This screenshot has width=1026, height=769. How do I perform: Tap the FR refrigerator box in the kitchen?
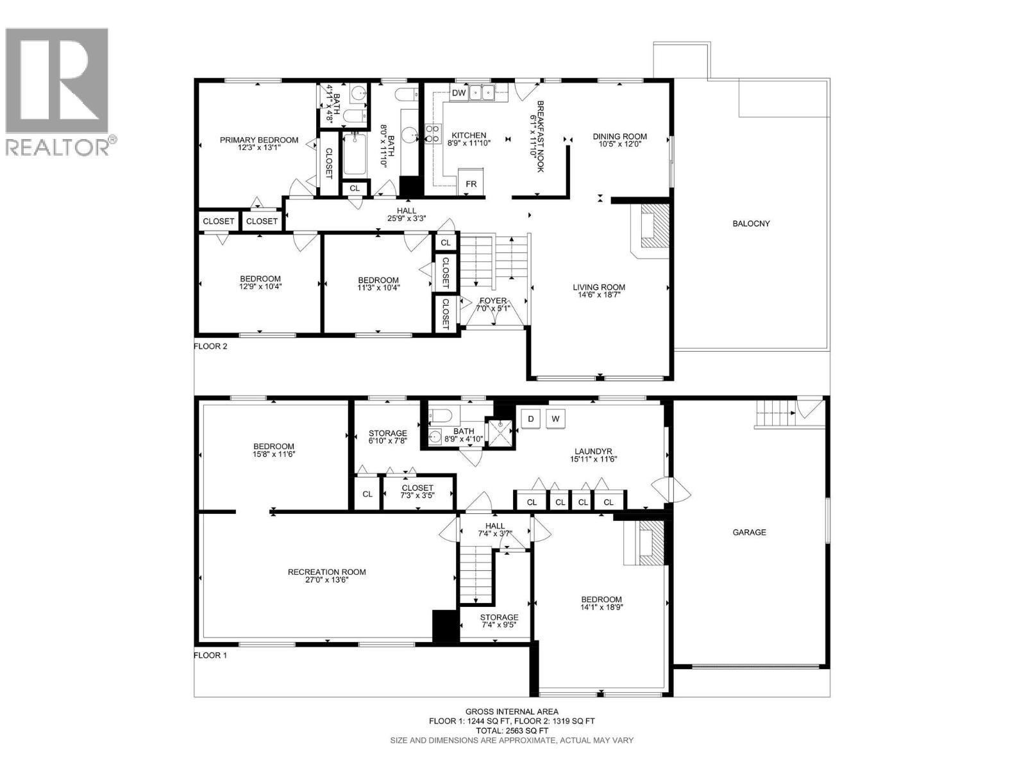471,183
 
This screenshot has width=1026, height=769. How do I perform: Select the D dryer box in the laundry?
530,418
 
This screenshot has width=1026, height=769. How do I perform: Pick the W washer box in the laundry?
555,418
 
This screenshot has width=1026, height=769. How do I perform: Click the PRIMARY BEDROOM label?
259,140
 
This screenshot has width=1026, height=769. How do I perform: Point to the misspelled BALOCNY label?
751,224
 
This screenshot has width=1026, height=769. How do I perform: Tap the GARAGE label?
749,532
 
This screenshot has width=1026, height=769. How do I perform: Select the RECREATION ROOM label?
327,572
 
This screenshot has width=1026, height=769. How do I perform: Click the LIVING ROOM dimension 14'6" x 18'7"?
599,295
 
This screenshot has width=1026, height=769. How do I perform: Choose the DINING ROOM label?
620,136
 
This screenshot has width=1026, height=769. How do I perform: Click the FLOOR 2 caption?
210,347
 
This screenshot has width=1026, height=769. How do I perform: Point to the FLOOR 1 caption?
210,655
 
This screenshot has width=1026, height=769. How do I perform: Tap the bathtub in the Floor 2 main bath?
355,154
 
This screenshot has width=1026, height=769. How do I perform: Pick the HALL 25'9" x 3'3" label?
406,214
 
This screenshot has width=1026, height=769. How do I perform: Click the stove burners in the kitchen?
433,133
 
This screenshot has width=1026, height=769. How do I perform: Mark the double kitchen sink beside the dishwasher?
482,92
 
